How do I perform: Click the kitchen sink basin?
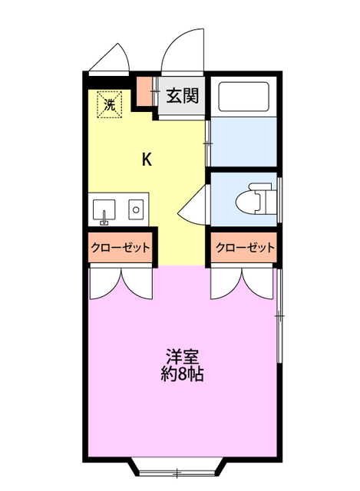click(x=104, y=209)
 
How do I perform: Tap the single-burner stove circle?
click(x=135, y=209)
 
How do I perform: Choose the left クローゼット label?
click(x=120, y=248)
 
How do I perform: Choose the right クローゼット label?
click(x=244, y=248)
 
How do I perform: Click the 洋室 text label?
click(x=183, y=358)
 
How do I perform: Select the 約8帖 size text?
click(x=183, y=376)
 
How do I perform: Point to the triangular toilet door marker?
click(x=193, y=209)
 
